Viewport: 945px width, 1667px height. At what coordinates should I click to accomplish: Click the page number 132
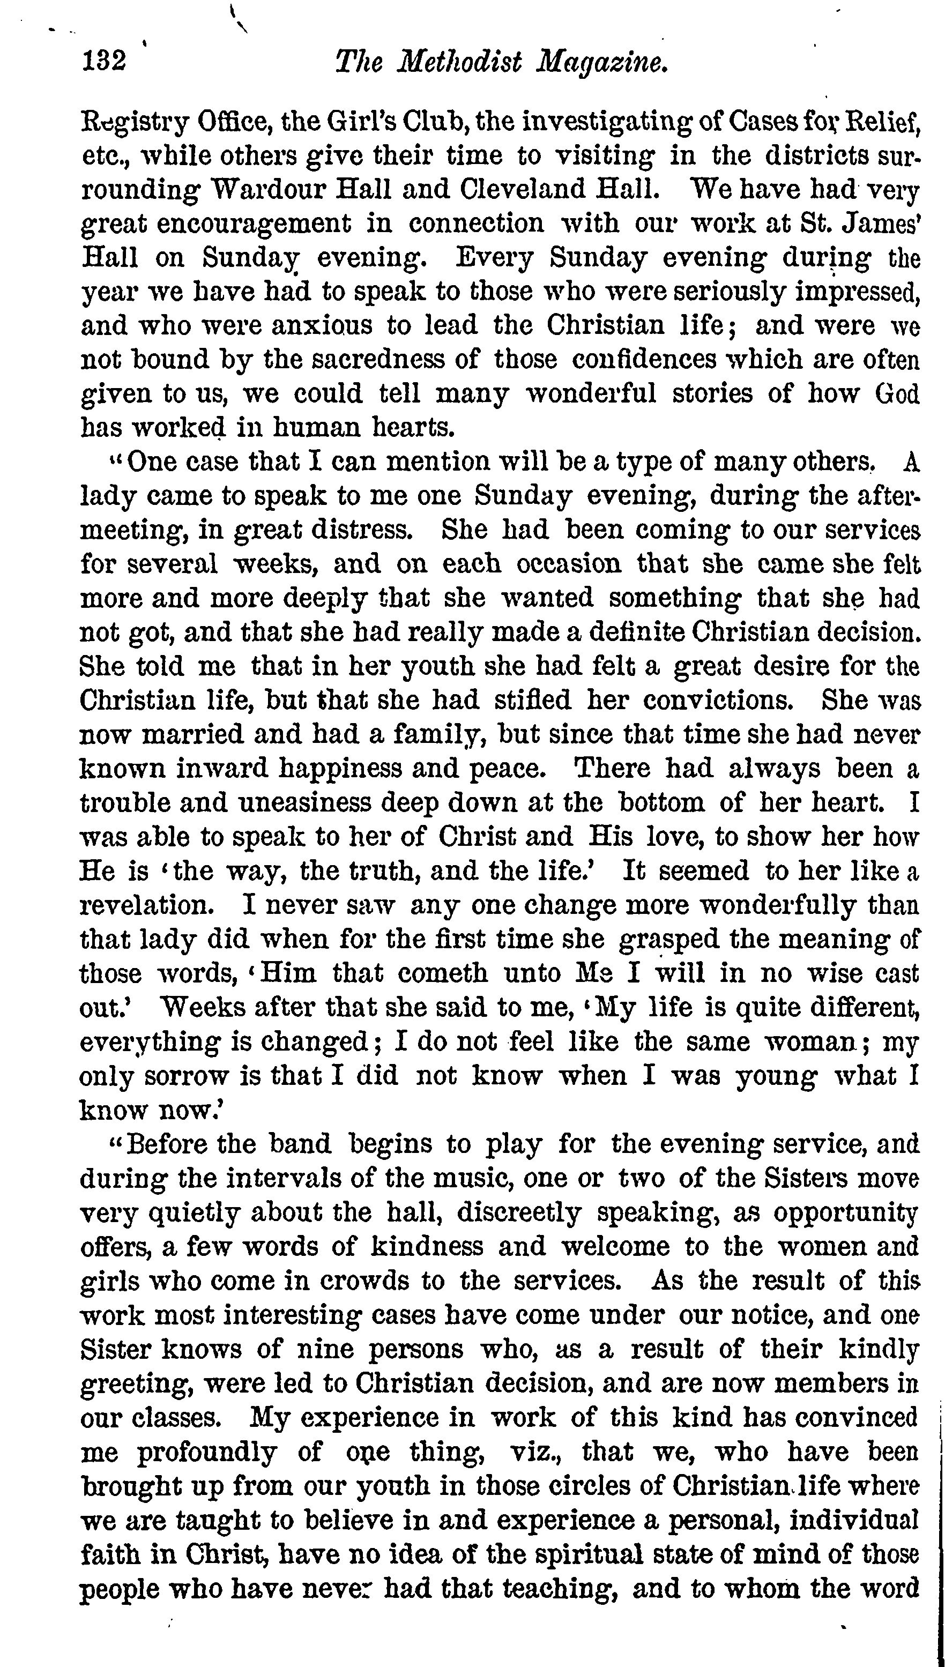pos(103,62)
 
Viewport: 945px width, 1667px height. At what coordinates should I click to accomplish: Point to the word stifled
pos(533,700)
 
